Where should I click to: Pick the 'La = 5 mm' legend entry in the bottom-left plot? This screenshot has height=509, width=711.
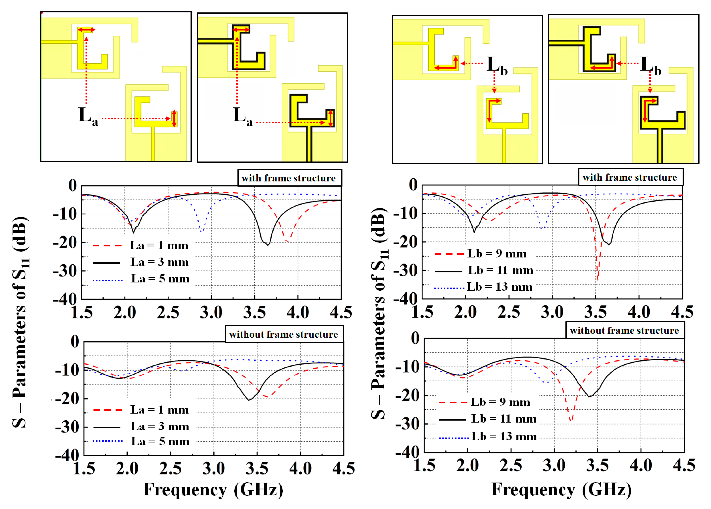160,441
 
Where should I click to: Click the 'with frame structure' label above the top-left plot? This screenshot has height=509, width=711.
288,178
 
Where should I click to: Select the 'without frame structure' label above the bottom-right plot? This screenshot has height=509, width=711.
624,330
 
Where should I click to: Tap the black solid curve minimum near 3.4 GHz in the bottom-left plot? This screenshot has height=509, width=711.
249,400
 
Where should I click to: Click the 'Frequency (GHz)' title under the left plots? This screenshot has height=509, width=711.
213,490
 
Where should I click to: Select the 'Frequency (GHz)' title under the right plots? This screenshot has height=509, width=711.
561,490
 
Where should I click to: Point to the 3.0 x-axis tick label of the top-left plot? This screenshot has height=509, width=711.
211,313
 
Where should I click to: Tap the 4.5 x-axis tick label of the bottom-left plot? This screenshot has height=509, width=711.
343,469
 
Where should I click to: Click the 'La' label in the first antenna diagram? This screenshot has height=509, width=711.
87,116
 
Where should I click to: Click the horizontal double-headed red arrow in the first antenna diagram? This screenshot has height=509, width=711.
86,30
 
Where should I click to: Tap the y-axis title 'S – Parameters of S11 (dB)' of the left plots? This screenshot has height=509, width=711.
20,321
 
